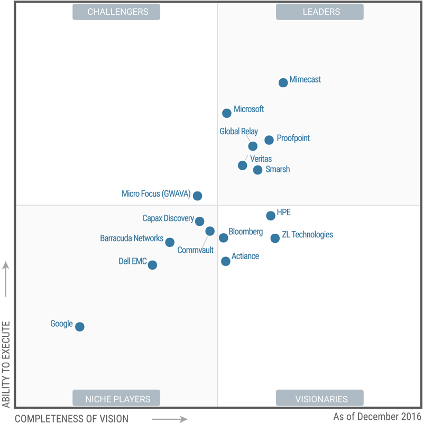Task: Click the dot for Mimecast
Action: pos(283,82)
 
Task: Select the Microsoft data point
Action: pos(227,113)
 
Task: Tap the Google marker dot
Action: pos(80,327)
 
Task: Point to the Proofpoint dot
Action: pos(269,140)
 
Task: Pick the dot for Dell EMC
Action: pos(152,265)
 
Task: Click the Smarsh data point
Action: pos(258,170)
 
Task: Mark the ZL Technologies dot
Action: pos(275,238)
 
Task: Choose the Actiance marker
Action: pos(226,261)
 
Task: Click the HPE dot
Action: pos(271,216)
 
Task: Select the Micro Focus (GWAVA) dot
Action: pos(197,196)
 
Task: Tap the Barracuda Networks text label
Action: pos(132,238)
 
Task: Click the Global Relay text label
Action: pos(239,132)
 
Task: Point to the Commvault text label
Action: pos(196,250)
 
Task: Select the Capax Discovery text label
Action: pos(168,218)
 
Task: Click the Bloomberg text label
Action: pos(245,232)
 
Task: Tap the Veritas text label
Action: pos(261,159)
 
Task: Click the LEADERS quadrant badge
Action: pos(319,12)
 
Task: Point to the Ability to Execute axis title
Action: pos(6,364)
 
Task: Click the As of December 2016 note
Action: pos(376,417)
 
